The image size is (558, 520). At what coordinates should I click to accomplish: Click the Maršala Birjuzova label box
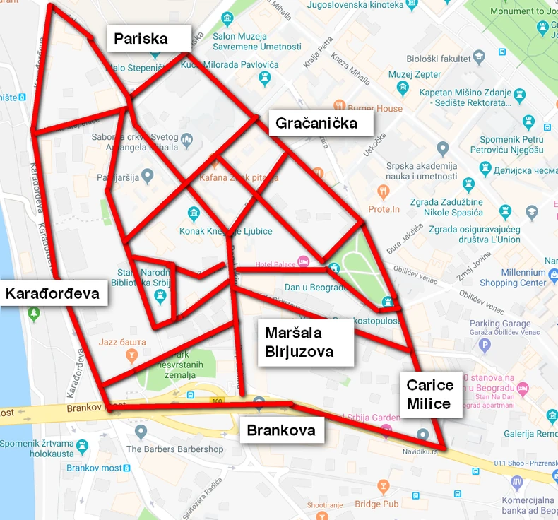click(304, 342)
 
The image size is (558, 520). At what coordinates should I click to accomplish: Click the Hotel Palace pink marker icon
click(303, 262)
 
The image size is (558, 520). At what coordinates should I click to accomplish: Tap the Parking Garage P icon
click(484, 345)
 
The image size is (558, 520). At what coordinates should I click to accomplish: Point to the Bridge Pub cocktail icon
click(383, 487)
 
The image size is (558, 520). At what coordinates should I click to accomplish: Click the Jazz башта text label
click(122, 342)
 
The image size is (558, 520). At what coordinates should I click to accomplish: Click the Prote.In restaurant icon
click(384, 191)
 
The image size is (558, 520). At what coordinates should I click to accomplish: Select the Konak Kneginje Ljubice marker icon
click(194, 213)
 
